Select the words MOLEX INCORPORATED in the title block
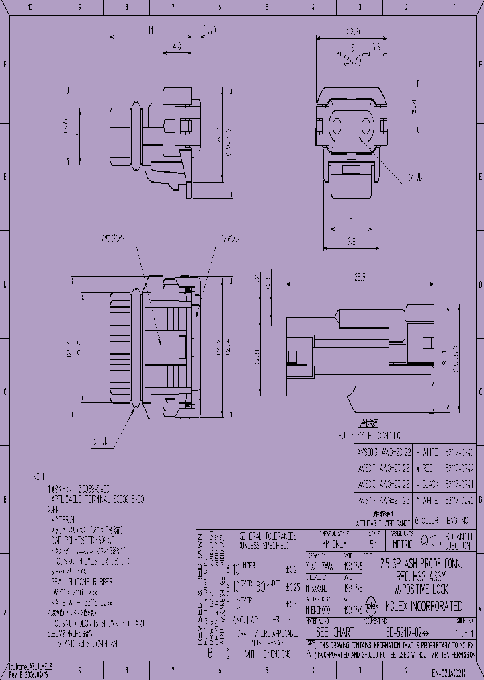pyautogui.click(x=421, y=606)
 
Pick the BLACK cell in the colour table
pyautogui.click(x=430, y=483)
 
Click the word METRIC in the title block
pyautogui.click(x=403, y=544)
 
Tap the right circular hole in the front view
pyautogui.click(x=367, y=126)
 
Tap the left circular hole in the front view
pyautogui.click(x=337, y=126)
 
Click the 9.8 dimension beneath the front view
pyautogui.click(x=350, y=240)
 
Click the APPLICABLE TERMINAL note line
pyautogui.click(x=95, y=500)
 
